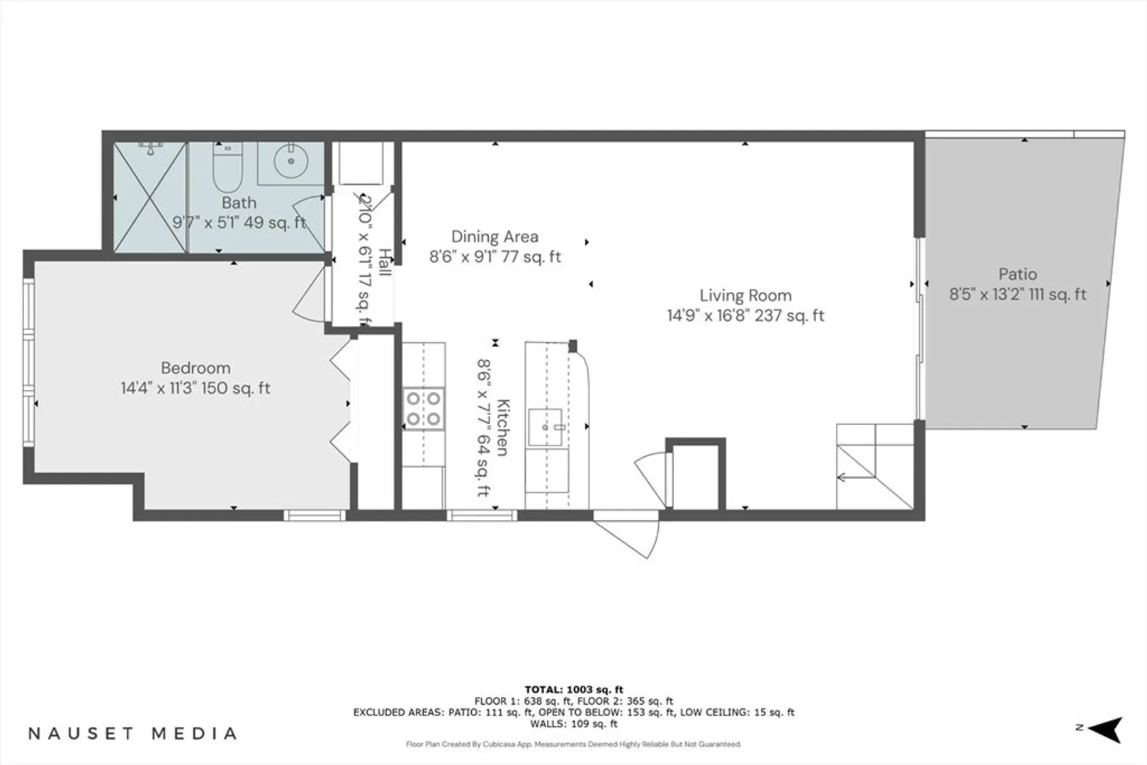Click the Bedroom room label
tap(196, 368)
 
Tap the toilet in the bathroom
tap(227, 167)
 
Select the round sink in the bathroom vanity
tap(291, 161)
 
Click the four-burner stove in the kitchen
tap(424, 408)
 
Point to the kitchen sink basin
tap(546, 427)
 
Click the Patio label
tap(1017, 274)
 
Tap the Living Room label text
tap(745, 295)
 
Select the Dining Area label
tap(495, 237)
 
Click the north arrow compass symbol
tap(1106, 729)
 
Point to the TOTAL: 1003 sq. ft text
tap(574, 690)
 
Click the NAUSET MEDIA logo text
tap(132, 733)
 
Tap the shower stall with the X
tap(150, 197)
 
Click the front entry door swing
tap(631, 537)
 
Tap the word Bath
tap(239, 203)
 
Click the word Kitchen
tap(503, 428)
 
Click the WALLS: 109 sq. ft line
tap(574, 724)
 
